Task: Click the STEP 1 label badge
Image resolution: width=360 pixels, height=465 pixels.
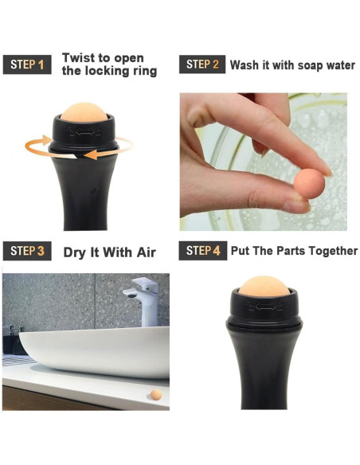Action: pyautogui.click(x=27, y=64)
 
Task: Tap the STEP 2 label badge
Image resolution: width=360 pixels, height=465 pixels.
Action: pyautogui.click(x=202, y=64)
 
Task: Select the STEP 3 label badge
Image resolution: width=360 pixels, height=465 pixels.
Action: pyautogui.click(x=27, y=251)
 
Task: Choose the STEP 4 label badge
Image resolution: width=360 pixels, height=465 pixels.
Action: pyautogui.click(x=203, y=251)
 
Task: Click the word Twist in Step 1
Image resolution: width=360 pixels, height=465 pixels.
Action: pyautogui.click(x=78, y=57)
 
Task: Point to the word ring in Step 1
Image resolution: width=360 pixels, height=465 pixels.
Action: pyautogui.click(x=143, y=72)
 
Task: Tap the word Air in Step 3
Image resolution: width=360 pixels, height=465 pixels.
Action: pyautogui.click(x=147, y=252)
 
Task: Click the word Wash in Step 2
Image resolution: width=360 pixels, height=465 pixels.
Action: pyautogui.click(x=245, y=65)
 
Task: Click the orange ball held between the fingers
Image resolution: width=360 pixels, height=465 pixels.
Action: pyautogui.click(x=309, y=183)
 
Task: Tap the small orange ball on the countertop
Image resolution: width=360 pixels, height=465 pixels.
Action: pyautogui.click(x=156, y=394)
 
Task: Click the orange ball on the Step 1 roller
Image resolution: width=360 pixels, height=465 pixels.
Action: pyautogui.click(x=84, y=111)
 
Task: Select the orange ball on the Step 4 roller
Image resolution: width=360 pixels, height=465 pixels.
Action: pyautogui.click(x=264, y=286)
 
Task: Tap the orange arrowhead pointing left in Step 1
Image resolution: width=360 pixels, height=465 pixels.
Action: pyautogui.click(x=92, y=154)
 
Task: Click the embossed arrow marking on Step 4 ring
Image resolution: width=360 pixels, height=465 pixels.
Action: pyautogui.click(x=264, y=307)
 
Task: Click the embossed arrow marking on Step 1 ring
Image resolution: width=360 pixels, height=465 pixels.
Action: pyautogui.click(x=84, y=131)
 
